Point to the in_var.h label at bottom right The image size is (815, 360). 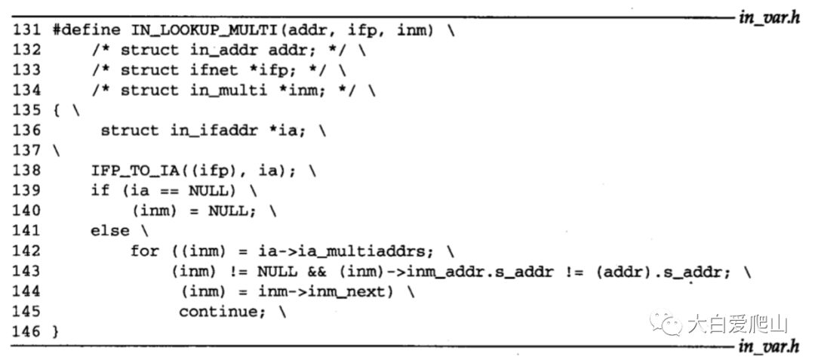pyautogui.click(x=769, y=346)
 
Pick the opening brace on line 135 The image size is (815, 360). pyautogui.click(x=57, y=111)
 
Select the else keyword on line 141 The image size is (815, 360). pyautogui.click(x=110, y=231)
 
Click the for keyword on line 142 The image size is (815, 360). pyautogui.click(x=144, y=251)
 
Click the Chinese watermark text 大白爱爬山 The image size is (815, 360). pyautogui.click(x=737, y=325)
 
